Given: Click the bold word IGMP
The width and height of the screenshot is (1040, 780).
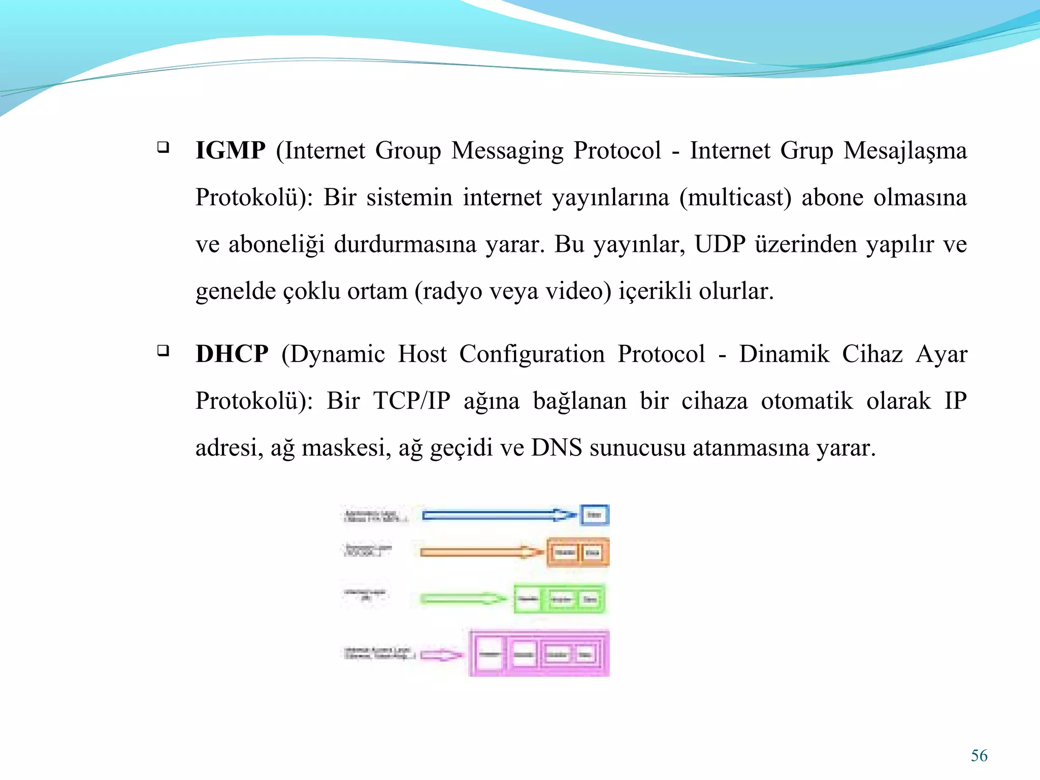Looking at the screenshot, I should point(230,151).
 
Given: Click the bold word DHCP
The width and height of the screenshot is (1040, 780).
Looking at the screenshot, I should point(232,354).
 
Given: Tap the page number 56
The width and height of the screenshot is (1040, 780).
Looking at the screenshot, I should point(979,756).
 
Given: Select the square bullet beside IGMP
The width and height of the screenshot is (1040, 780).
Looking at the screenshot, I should point(163,147).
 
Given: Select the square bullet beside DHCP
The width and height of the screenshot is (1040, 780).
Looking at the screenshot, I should point(163,350).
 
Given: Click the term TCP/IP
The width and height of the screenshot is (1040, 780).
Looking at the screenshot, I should point(412,401).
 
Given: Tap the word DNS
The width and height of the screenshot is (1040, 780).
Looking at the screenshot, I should point(557,448).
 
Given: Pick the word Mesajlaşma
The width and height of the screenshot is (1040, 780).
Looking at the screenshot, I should point(905,151).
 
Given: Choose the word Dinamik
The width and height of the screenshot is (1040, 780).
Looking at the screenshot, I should point(784,354).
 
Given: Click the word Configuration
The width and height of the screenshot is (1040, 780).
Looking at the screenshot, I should point(532,354).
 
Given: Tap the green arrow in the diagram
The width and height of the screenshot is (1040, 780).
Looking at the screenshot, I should point(462,599).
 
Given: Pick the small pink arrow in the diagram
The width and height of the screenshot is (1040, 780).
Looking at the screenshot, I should point(441,655).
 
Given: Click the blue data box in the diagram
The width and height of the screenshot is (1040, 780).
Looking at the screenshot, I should point(594,515).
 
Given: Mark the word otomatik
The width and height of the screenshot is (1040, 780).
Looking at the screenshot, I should point(806,401).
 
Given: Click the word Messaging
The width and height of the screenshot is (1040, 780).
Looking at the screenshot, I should point(507,151).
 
